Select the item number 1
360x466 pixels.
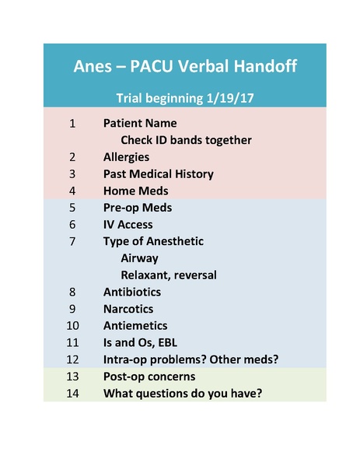72,123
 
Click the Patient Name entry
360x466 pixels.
140,123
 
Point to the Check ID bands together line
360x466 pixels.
186,140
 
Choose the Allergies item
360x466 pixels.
126,157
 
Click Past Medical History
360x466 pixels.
158,173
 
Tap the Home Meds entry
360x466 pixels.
135,191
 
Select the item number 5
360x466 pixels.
72,208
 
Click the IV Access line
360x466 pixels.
131,225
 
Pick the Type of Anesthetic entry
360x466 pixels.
153,241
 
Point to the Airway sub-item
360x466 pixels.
139,258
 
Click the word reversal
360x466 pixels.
196,275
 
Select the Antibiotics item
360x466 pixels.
132,292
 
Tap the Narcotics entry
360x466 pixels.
130,309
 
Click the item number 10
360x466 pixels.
72,325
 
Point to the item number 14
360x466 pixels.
72,394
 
